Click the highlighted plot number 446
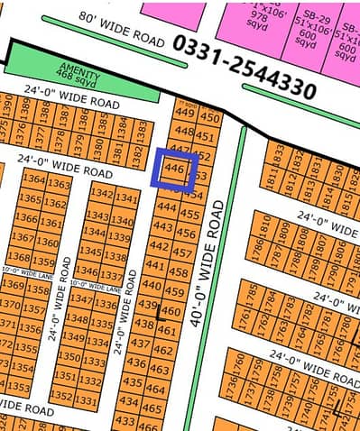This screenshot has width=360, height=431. [x=177, y=169]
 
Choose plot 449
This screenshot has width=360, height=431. [x=185, y=114]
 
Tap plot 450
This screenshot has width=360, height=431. [x=209, y=118]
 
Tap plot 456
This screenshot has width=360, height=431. [x=188, y=232]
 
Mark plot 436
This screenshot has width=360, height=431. [x=136, y=362]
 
